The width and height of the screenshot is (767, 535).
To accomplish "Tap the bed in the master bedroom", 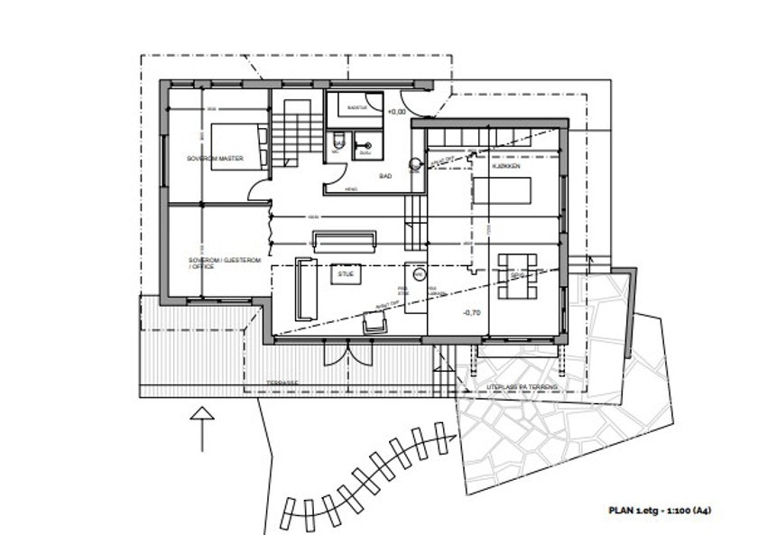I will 239,146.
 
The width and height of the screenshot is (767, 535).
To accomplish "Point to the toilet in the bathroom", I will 336,143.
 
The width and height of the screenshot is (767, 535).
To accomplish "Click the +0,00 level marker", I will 396,112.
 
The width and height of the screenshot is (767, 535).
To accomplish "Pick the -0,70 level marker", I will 470,313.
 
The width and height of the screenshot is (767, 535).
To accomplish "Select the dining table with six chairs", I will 517,276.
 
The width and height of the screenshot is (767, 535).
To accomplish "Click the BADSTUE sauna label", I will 359,106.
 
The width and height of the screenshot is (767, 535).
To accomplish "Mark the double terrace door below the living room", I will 347,353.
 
